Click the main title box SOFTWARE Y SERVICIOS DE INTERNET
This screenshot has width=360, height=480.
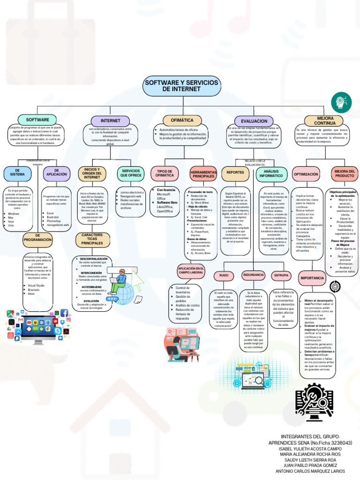(x=181, y=85)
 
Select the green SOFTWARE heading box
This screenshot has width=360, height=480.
(x=37, y=120)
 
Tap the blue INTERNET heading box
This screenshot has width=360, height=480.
(x=110, y=120)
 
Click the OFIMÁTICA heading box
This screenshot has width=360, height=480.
(x=182, y=120)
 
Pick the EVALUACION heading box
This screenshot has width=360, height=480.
(x=254, y=120)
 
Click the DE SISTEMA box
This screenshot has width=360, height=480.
(x=17, y=173)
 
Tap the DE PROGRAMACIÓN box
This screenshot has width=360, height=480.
(x=37, y=240)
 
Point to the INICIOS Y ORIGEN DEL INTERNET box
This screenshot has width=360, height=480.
(x=92, y=173)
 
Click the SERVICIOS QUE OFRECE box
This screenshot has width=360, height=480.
(x=131, y=173)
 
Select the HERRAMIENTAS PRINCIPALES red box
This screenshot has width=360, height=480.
(x=203, y=174)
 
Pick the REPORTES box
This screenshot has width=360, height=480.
(x=235, y=172)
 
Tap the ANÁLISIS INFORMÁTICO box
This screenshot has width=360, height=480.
(x=271, y=173)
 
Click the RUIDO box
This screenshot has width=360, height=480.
(x=224, y=276)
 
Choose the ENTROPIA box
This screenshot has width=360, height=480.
(x=281, y=275)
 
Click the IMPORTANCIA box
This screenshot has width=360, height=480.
(x=312, y=278)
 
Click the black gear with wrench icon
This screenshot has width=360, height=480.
(x=315, y=400)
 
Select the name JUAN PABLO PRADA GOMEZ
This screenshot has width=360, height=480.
(x=311, y=465)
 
